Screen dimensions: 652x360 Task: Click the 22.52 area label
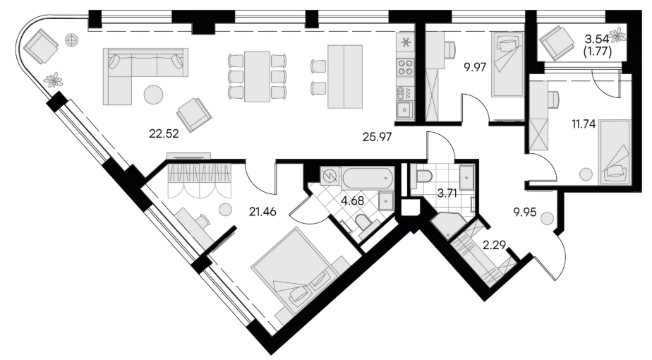[164, 133]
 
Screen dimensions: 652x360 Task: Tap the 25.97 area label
[377, 136]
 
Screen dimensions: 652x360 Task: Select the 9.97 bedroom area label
[476, 67]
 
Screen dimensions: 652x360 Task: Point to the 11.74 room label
[584, 124]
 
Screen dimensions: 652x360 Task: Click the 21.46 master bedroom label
[262, 212]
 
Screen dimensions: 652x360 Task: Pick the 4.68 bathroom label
[352, 200]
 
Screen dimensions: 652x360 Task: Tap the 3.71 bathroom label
[447, 194]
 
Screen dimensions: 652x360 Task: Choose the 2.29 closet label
[494, 245]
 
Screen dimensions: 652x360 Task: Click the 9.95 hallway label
[524, 213]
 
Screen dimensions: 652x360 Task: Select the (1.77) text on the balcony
[598, 53]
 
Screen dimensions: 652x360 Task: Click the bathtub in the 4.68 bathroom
[367, 178]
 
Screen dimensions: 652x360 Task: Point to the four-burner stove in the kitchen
[406, 68]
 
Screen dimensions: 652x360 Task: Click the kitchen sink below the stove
[404, 110]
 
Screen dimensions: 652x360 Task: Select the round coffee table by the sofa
[153, 95]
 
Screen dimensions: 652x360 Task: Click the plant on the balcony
[617, 35]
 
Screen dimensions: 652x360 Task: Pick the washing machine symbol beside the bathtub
[330, 176]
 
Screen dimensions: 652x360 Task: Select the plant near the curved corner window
[53, 80]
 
